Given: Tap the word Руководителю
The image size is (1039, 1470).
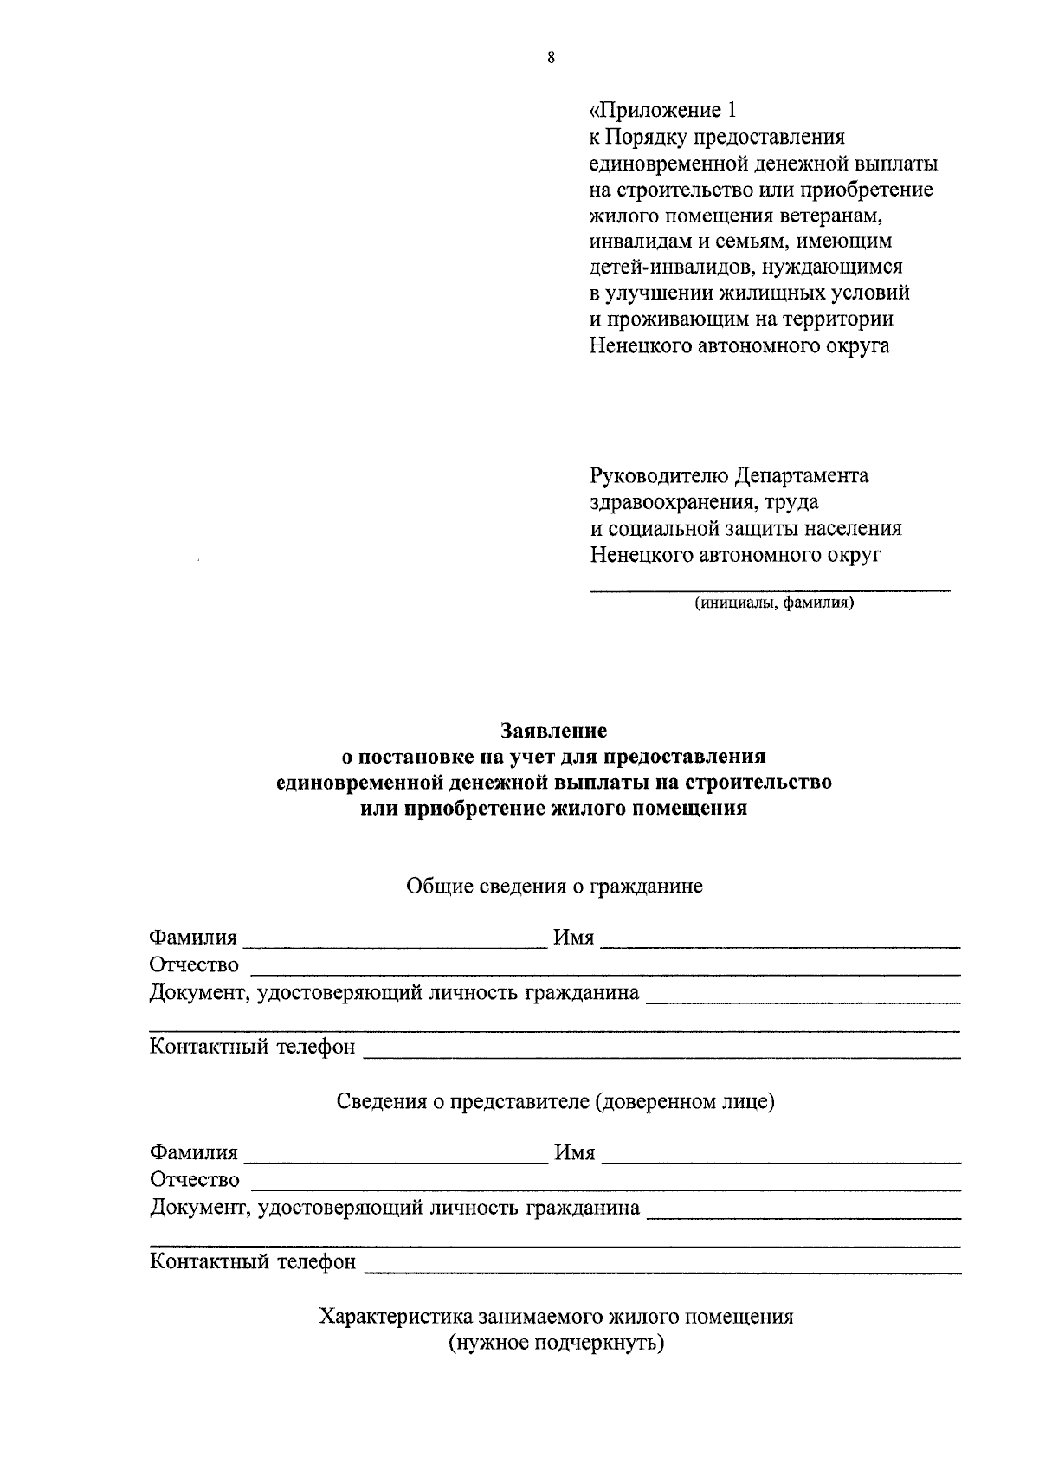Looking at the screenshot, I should point(658,475).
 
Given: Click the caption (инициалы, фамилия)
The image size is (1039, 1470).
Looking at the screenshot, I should point(773,603).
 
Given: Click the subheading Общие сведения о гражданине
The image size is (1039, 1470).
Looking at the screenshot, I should point(554,886).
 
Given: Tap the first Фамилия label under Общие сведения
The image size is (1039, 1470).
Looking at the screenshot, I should point(193,938).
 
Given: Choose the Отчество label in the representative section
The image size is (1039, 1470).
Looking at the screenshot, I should point(194,1179).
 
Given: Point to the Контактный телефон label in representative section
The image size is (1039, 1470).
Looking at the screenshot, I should point(253,1261).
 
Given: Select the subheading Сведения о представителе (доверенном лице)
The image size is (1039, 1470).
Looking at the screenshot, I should point(555,1101).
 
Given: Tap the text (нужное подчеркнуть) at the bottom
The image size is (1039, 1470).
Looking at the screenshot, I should point(556,1344).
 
